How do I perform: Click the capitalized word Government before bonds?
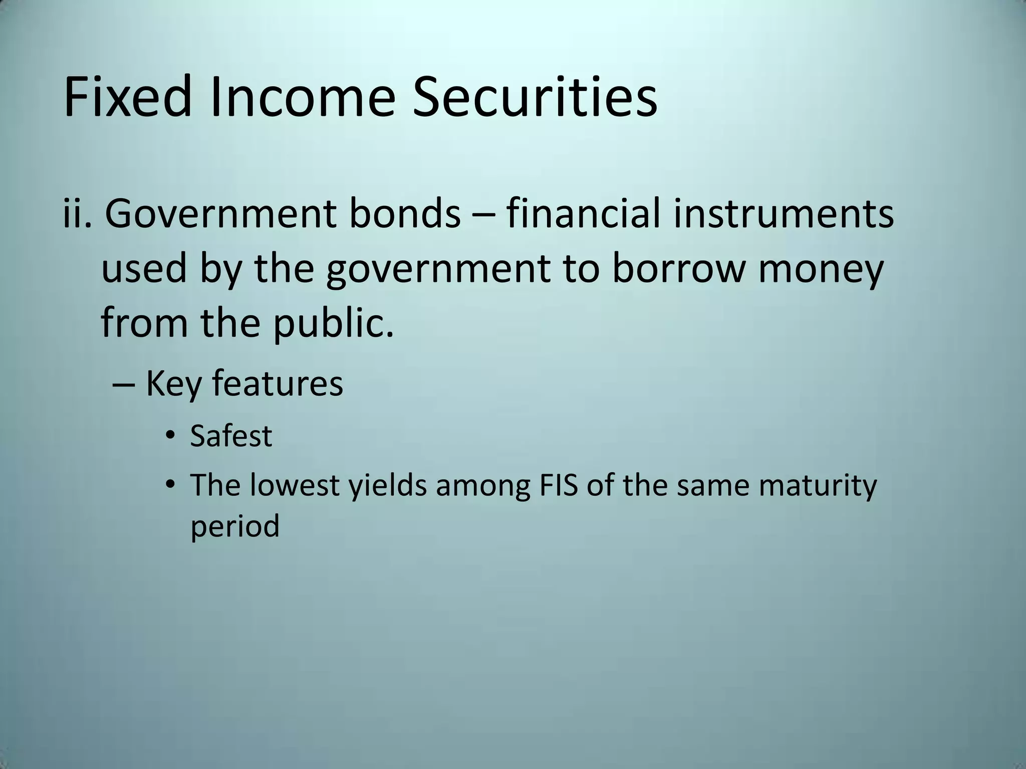coord(221,213)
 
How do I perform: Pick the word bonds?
coord(404,213)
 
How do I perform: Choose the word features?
coord(277,383)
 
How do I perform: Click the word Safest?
coord(231,436)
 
